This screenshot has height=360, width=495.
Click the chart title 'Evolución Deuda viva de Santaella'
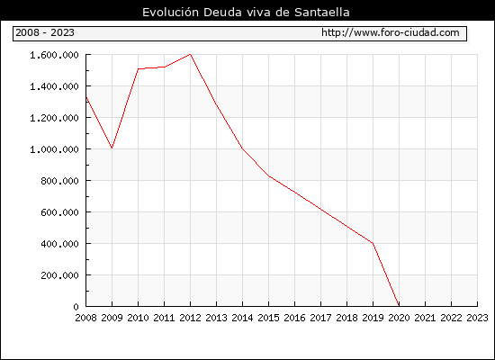coord(246,13)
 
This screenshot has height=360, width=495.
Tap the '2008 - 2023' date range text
coord(45,32)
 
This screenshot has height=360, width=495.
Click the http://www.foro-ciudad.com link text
coord(391,32)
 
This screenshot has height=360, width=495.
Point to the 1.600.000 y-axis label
coord(54,55)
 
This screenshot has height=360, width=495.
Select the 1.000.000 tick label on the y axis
coord(54,149)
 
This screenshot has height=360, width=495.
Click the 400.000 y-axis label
coord(59,244)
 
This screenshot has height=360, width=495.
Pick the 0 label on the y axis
coord(76,307)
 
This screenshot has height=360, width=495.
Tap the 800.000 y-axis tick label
coord(59,181)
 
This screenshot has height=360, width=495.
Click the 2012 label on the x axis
coord(190,318)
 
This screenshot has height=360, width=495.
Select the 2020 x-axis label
coord(399,318)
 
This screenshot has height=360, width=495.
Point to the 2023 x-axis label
coord(477,318)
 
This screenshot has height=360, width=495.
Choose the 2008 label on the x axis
coord(85,318)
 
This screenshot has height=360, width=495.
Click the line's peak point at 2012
coord(190,54)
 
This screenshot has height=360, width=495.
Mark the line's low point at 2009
coord(112,148)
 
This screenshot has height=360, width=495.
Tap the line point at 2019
coord(373,243)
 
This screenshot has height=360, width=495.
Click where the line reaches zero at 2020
coord(399,306)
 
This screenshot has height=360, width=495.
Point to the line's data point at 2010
coord(139,68)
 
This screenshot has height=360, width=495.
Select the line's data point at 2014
coord(242,148)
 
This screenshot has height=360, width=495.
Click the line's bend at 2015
coord(269,175)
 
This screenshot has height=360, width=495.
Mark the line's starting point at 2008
coord(86,96)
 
